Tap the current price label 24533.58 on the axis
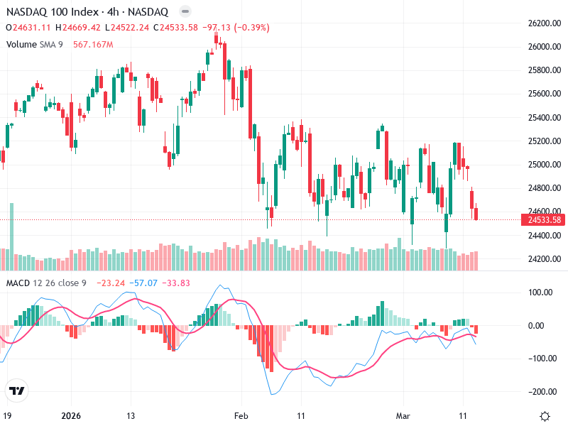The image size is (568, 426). [545, 220]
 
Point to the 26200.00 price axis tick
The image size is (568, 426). [545, 23]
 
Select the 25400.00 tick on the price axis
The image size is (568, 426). [545, 118]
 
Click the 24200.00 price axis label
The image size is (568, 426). [545, 258]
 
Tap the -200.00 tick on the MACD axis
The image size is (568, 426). [543, 392]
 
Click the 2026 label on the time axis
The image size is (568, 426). [72, 416]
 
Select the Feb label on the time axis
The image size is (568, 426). [242, 416]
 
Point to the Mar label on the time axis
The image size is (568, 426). [403, 416]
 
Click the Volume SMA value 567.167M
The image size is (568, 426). [93, 44]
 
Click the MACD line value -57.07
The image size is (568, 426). [144, 283]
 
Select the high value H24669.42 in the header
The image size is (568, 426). [81, 28]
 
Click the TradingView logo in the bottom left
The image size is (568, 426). [16, 391]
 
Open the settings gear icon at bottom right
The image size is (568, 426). [545, 416]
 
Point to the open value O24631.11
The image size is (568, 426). [31, 28]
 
